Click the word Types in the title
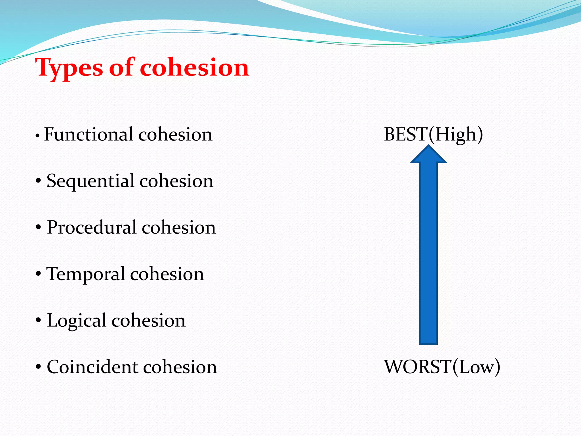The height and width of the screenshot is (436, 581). [x=69, y=68]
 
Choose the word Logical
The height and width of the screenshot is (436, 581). [x=76, y=321]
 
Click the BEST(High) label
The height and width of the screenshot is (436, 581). [x=433, y=134]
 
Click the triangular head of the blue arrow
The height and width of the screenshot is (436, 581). [x=428, y=155]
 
